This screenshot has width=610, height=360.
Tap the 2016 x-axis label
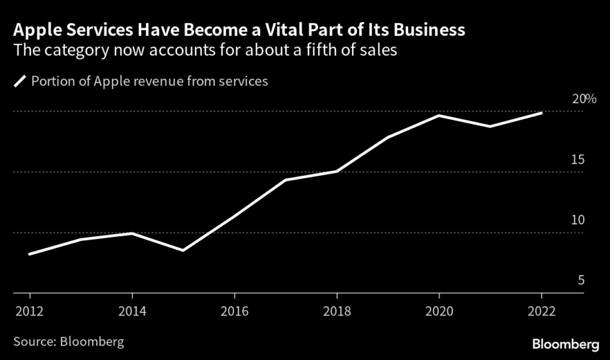click(235, 311)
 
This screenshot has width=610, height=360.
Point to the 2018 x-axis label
click(337, 311)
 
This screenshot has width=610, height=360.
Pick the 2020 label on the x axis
click(440, 311)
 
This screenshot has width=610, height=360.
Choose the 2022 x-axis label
click(542, 311)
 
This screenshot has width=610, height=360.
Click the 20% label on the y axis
click(584, 99)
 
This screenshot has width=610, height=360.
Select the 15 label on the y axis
click(578, 160)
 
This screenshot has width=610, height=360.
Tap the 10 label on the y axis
click(578, 220)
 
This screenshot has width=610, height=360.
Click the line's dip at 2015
click(183, 250)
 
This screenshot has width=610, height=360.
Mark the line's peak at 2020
click(440, 115)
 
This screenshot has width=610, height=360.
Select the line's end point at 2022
click(541, 113)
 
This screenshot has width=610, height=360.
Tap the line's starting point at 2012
click(30, 254)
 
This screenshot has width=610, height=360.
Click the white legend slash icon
click(20, 82)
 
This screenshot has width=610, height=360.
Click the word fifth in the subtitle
click(326, 51)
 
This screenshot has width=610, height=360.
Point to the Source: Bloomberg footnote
click(69, 342)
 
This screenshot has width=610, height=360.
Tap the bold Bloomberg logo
click(564, 344)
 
